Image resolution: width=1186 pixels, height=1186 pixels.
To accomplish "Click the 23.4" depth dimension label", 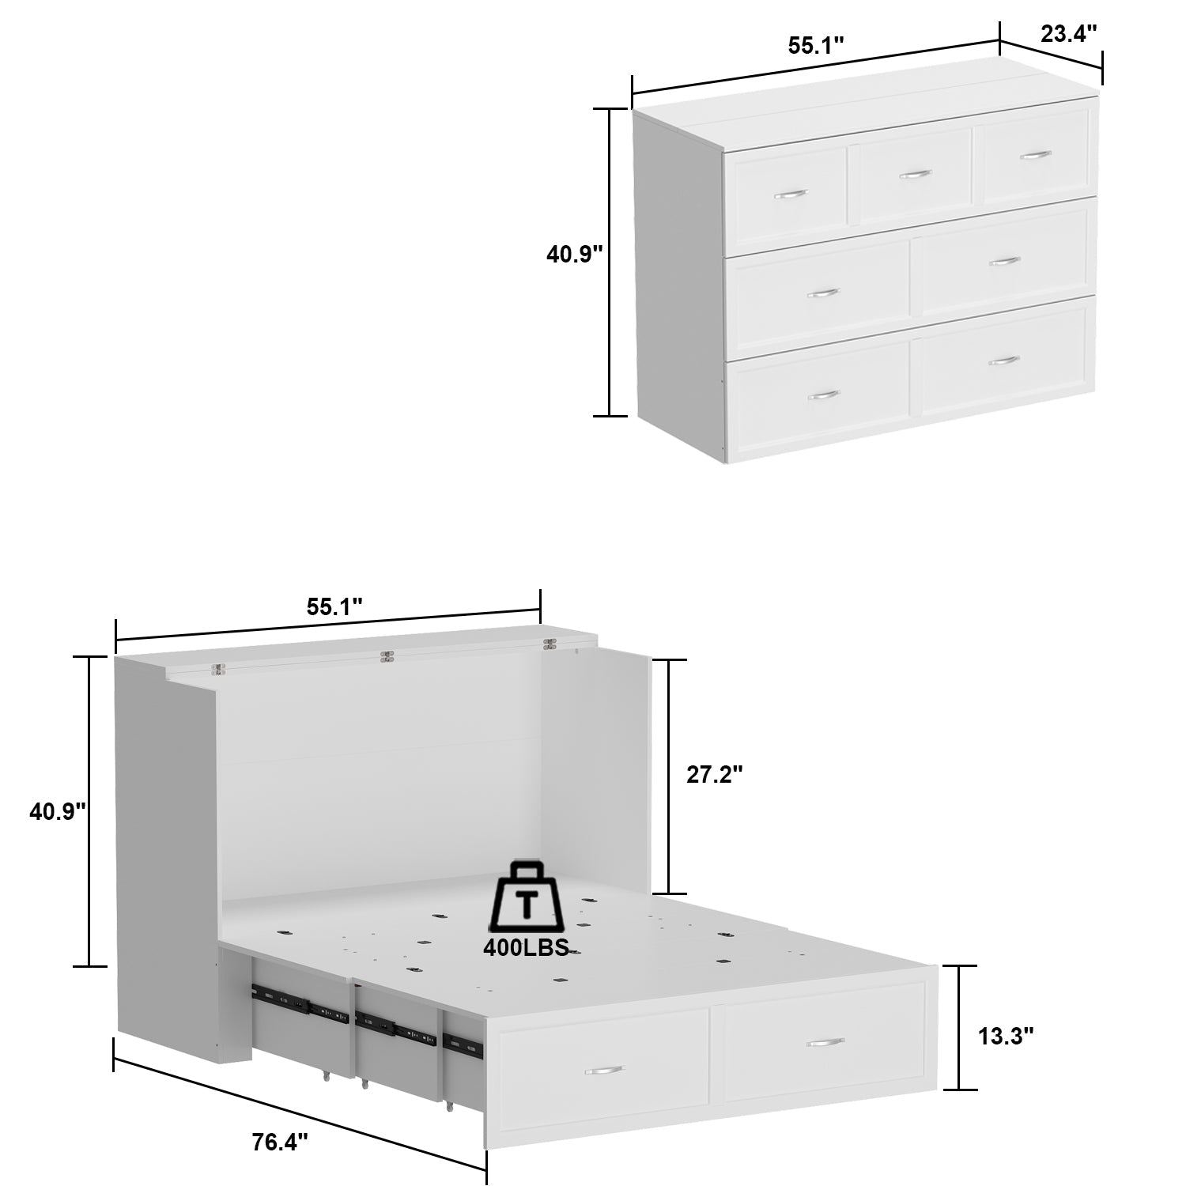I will tap(1069, 34).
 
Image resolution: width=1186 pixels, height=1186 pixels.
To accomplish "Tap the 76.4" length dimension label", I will tap(280, 1142).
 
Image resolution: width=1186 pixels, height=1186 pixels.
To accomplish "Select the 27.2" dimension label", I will tap(714, 775).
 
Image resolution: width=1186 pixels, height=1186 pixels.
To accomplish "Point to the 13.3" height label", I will tap(1006, 1036).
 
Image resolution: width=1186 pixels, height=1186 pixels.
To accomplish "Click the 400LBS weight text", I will tap(526, 948).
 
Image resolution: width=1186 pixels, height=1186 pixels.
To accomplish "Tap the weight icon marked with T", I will tap(526, 898).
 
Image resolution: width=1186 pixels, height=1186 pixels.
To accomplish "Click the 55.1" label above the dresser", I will tap(816, 46).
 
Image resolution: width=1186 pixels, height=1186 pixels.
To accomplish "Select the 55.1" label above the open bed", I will tap(334, 606).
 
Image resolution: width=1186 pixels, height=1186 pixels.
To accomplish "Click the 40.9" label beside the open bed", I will tap(58, 811).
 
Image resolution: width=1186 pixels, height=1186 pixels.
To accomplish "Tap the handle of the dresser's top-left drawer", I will tap(789, 194).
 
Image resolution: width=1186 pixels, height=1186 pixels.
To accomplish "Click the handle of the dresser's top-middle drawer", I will tap(915, 174).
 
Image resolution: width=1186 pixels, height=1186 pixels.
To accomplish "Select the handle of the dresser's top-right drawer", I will tap(1035, 155).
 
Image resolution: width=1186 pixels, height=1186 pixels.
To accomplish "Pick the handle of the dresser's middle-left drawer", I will tap(822, 293).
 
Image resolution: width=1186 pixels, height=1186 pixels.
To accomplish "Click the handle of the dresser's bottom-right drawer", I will tap(1004, 361).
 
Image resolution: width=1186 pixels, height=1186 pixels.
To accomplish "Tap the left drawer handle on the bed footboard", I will tap(604, 1070).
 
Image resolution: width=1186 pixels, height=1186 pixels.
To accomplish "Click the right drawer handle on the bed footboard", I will tap(825, 1043).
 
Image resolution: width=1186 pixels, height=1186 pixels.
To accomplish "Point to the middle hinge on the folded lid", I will tap(387, 656).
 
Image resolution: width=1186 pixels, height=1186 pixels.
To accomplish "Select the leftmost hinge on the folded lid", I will tap(218, 669).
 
